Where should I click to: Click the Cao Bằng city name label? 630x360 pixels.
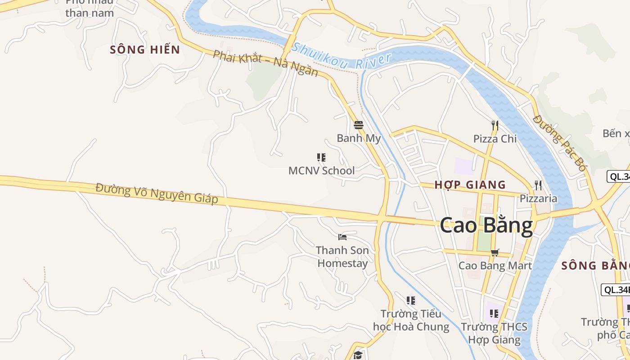point(486,225)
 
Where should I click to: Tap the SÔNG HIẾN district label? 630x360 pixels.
point(145,49)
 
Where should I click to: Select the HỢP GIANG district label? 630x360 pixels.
point(470,184)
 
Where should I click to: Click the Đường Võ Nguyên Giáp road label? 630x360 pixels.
point(157,193)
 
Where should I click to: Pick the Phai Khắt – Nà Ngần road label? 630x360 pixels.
point(265,63)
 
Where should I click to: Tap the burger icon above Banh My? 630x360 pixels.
point(359,125)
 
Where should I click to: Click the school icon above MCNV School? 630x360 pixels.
point(321,157)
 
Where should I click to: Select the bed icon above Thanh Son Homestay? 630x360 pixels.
point(342,237)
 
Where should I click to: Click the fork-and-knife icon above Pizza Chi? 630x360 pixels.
point(495,125)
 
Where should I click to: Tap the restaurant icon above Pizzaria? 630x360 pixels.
point(538,185)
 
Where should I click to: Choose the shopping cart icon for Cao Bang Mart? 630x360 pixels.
point(495,252)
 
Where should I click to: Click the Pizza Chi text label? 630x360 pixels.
point(495,139)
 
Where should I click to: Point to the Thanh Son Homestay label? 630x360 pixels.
point(342,256)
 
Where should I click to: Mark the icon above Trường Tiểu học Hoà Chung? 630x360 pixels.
point(410,300)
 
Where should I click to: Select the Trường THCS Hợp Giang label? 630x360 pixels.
point(494,333)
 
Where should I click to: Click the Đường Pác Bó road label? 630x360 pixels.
point(560,142)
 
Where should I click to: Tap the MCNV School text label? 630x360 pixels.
point(321,171)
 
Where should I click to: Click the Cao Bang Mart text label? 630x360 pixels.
point(495,265)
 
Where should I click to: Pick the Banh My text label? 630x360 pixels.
point(359,138)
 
